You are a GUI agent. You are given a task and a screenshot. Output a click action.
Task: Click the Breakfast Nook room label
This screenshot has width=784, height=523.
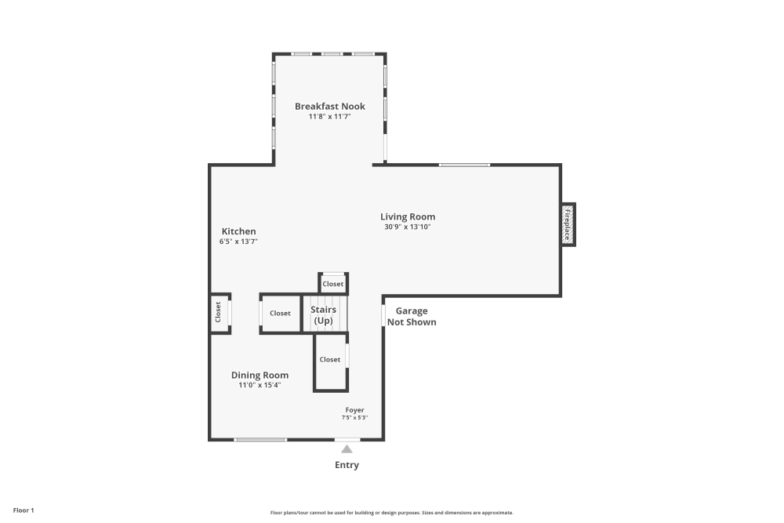(x=329, y=106)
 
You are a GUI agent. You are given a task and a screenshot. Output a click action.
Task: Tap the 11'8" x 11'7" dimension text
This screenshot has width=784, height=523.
(x=329, y=117)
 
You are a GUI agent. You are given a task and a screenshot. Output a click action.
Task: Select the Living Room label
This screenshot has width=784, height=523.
(x=408, y=216)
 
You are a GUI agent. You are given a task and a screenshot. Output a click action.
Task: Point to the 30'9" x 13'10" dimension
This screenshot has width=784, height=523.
(x=408, y=227)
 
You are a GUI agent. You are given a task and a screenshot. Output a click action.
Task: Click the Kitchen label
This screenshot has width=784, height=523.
(x=238, y=231)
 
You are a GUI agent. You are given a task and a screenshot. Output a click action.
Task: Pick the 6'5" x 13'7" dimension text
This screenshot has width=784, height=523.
(x=238, y=242)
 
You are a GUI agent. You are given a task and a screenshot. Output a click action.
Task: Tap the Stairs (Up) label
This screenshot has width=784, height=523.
(x=323, y=315)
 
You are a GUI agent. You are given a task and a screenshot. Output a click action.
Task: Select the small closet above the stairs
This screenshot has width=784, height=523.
(x=333, y=284)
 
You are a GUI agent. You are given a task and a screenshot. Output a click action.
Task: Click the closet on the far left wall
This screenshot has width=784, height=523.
(x=219, y=313)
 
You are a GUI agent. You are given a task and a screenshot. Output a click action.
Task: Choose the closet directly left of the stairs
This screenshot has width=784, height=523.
(x=280, y=313)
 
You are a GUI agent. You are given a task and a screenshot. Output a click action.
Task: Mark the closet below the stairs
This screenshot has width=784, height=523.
(x=330, y=360)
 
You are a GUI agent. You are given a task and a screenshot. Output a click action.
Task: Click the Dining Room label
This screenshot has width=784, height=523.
(x=260, y=375)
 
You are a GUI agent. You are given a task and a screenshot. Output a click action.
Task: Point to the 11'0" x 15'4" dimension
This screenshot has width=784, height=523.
(x=260, y=385)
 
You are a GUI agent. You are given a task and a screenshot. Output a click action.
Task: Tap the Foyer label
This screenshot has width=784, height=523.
(x=354, y=410)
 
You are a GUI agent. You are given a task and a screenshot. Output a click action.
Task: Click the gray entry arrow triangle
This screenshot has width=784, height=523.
(x=347, y=449)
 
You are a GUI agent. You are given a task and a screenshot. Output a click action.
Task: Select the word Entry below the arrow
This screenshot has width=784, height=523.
(x=347, y=465)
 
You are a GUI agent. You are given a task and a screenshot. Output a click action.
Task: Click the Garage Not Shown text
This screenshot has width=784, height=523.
(x=412, y=316)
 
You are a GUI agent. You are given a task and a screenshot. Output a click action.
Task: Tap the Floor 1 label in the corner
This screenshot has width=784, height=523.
(x=24, y=510)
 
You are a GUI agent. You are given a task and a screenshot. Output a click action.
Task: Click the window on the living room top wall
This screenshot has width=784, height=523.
(x=464, y=165)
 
